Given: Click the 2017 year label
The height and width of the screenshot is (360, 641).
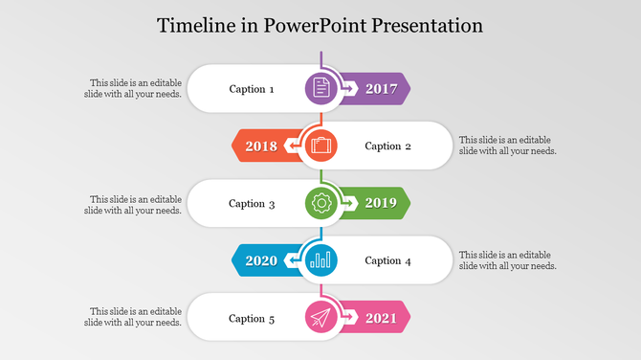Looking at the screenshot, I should point(381,89).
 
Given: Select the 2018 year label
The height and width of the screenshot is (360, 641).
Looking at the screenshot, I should point(261,146).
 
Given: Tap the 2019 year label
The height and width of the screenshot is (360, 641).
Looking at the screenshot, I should point(381,203).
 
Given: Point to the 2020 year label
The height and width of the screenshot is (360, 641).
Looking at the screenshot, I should point(261,260).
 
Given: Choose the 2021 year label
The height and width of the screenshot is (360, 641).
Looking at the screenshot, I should point(381,318).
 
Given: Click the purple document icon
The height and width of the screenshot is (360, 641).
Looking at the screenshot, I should point(321,88).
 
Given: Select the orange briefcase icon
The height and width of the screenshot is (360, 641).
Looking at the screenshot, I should point(320,146).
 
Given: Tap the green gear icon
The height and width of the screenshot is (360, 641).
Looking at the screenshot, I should point(321,203).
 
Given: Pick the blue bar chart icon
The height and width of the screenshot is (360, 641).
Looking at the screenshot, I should point(320,259).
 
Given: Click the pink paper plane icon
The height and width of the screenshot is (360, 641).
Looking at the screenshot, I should point(321,318).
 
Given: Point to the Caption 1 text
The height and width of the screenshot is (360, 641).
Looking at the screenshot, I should point(252,89).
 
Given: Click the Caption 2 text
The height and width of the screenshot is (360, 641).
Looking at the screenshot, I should point(388,146).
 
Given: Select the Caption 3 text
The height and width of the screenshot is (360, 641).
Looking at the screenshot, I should point(252,203).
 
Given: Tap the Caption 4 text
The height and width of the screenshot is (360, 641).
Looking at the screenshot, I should point(388,260).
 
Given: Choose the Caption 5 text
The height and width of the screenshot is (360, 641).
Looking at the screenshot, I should point(252,318).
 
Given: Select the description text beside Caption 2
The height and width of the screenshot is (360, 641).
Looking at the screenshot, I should point(507,146).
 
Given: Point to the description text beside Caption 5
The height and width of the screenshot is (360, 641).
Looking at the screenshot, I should point(133,317).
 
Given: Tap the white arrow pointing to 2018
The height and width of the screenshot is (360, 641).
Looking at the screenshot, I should point(291,146).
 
